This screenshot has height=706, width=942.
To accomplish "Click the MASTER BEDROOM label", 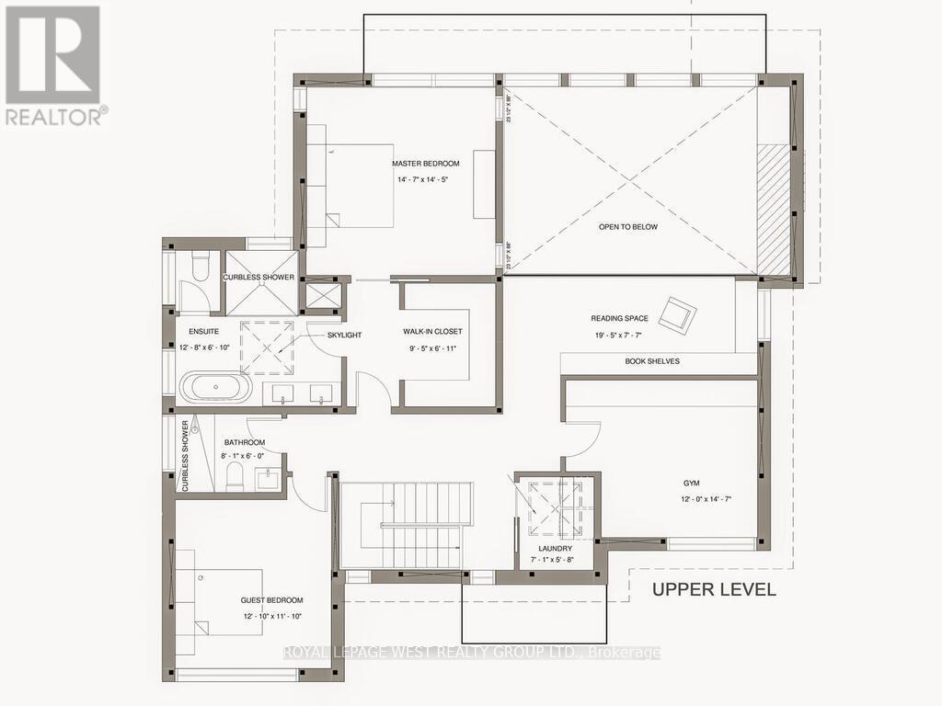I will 425,164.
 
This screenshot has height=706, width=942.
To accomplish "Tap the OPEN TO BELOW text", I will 627,226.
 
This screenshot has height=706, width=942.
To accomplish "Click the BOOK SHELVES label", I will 651,361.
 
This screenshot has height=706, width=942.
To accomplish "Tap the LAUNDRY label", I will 556,548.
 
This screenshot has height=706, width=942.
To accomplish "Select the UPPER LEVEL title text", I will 714,589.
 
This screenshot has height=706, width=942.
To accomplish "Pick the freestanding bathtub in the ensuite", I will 215,387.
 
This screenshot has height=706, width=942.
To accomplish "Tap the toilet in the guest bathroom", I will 235,475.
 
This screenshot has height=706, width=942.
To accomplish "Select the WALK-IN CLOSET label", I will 432,331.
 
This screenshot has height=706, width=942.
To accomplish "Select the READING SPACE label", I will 621,319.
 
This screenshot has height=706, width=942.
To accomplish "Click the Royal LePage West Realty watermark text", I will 471,653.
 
